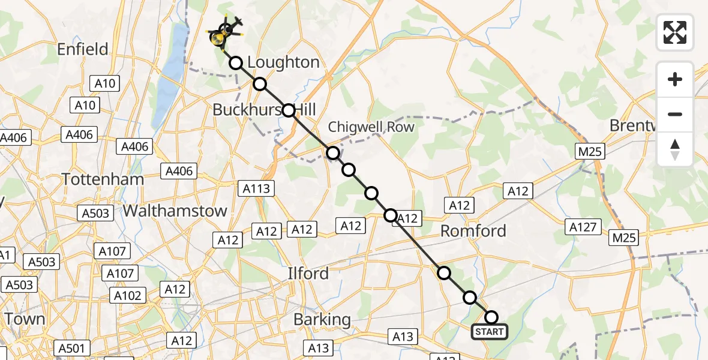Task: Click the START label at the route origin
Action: pos(490,332)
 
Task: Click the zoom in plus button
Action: pos(675,79)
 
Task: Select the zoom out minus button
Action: pos(675,114)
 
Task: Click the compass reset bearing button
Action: pos(675,149)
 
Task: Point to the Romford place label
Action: pos(473,231)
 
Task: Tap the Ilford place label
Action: pos(307,274)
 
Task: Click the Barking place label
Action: pos(322,320)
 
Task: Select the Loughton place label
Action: pos(283,62)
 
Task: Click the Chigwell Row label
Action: pos(371,127)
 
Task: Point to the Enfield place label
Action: pos(82,49)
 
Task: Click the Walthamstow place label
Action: pos(175,211)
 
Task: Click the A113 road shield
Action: pos(257,189)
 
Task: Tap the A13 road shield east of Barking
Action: pos(402,337)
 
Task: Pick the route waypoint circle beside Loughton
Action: pos(236,63)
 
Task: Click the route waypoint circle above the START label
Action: pos(491,317)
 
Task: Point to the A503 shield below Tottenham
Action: pos(96,213)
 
